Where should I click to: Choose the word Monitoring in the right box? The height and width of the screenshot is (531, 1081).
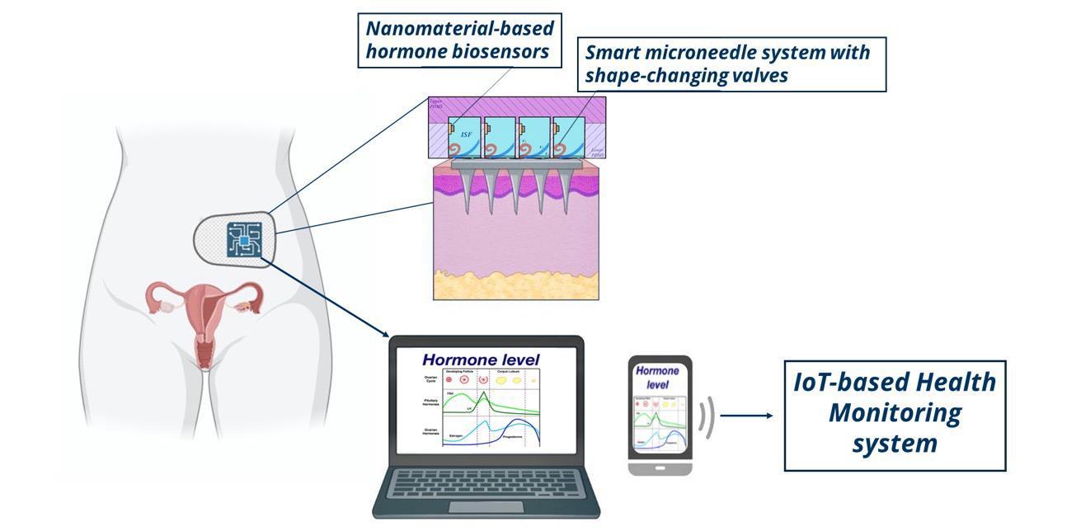tap(895, 413)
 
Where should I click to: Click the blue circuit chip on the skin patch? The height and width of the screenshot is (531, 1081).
tap(243, 240)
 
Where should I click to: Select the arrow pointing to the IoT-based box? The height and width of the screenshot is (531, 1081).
tap(747, 416)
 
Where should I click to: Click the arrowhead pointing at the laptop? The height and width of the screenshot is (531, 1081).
tap(385, 332)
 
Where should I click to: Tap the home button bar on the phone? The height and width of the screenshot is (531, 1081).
tap(659, 468)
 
